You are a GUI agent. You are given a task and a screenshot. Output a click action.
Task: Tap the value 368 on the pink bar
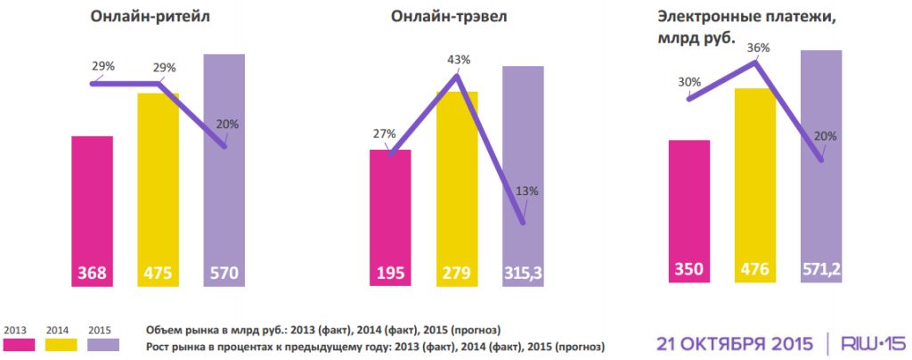click(x=92, y=274)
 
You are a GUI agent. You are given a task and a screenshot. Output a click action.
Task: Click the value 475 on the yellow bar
click(x=158, y=274)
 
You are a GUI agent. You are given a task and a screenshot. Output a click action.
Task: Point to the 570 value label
click(x=224, y=274)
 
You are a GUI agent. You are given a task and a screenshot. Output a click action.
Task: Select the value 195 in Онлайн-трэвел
click(x=390, y=274)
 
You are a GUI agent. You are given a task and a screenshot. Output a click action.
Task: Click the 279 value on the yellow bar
click(x=457, y=274)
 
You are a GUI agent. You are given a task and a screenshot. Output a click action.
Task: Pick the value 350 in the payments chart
click(x=688, y=268)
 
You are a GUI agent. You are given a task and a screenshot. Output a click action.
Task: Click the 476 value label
click(x=755, y=268)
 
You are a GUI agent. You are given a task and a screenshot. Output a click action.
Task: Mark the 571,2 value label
click(x=821, y=268)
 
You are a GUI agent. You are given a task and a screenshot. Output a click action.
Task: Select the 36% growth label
click(x=756, y=47)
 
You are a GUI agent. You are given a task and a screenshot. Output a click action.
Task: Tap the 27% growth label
click(x=384, y=135)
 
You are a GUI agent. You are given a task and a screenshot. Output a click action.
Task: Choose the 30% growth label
click(x=689, y=82)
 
